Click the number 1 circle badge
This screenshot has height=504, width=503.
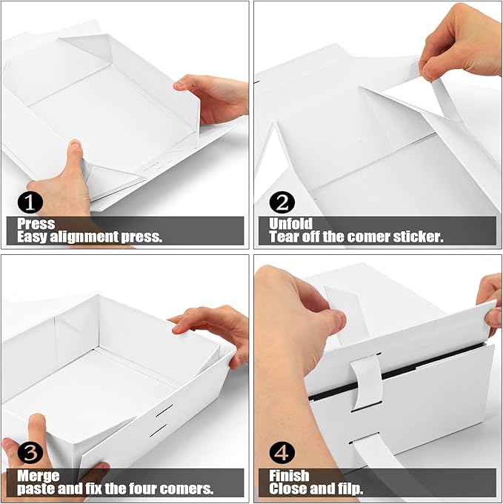[x=30, y=202]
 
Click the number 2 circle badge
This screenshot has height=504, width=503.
[x=282, y=202]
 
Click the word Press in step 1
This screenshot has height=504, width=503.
[x=36, y=224]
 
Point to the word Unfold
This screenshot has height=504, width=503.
[x=290, y=224]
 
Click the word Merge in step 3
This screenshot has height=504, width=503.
[x=39, y=476]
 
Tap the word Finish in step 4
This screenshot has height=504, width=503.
[x=290, y=476]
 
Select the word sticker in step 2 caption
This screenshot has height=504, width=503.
[x=419, y=237]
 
